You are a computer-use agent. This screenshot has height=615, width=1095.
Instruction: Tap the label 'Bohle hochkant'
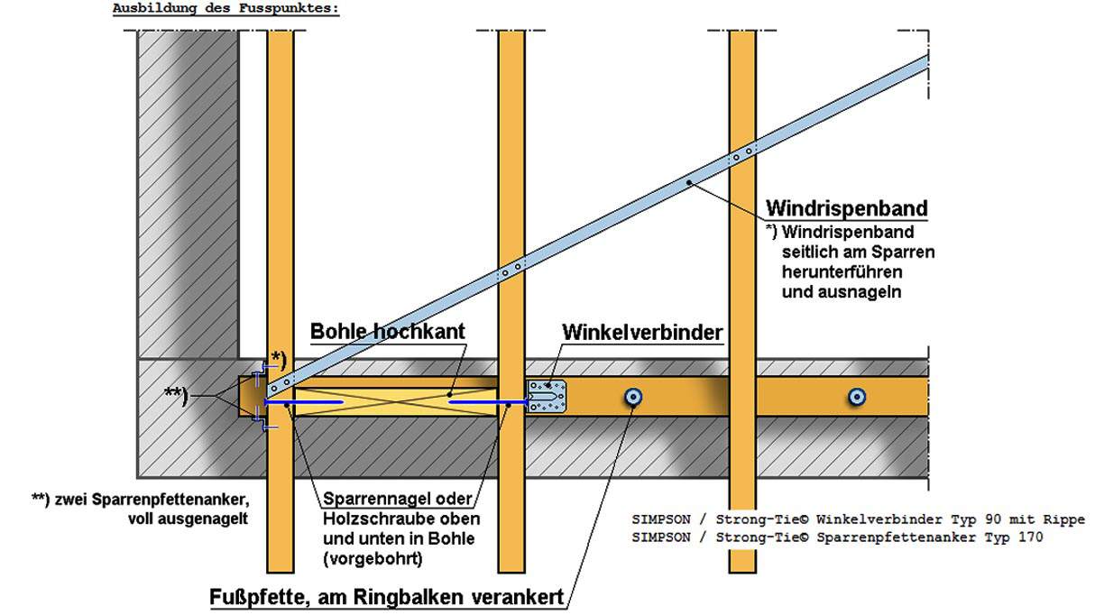pos(388,331)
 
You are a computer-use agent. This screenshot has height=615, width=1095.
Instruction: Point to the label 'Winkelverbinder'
pos(642,332)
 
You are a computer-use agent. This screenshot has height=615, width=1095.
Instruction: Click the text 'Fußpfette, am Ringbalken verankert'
pos(387,597)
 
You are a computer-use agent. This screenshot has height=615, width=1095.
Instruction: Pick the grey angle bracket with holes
pos(547,396)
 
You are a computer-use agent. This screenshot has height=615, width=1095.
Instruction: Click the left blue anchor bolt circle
pos(634,396)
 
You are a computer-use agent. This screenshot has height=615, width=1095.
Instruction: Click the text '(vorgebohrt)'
pos(373,559)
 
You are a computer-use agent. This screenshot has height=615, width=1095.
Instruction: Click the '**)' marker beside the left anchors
pos(177,395)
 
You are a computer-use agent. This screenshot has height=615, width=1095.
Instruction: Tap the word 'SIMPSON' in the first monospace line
pos(661,519)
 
